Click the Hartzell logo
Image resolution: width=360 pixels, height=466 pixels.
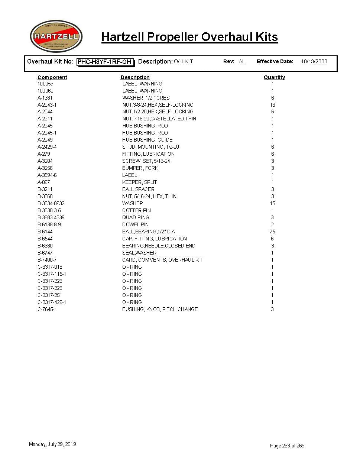pos(56,36)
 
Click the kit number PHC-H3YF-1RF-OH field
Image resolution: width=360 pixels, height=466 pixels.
pos(105,62)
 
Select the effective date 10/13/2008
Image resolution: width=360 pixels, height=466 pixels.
pos(314,61)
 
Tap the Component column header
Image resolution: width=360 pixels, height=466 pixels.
pos(52,77)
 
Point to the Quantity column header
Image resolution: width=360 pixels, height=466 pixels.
pos(274,77)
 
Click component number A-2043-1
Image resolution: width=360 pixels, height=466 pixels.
pos(47,105)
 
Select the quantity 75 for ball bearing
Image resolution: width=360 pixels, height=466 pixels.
pos(272,232)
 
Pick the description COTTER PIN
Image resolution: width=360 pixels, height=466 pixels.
pos(136,210)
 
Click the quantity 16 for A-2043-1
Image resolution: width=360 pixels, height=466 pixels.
pos(272,105)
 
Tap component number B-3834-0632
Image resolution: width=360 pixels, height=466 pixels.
pos(51,203)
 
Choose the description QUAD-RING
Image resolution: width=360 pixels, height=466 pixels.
pos(136,217)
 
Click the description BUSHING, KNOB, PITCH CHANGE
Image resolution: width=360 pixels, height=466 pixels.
pos(160,309)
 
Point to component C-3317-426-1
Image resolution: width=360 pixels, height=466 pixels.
pos(52,302)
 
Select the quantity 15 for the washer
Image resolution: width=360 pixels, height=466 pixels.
pos(272,203)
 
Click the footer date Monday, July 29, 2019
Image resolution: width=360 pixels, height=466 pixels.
pos(52,444)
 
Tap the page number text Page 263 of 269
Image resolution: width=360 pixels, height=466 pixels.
pos(287,446)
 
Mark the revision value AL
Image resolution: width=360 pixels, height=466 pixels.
pos(242,61)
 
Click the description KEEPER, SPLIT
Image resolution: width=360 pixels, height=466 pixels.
pos(139,182)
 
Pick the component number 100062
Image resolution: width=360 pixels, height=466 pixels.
pos(45,91)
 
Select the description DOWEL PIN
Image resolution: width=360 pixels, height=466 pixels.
pos(135,224)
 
